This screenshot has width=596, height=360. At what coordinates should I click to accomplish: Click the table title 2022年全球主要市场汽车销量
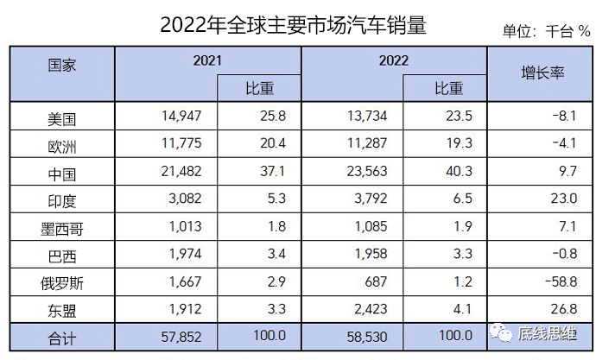tap(294, 25)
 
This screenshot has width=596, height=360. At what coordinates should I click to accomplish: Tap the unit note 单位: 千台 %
tap(546, 32)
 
